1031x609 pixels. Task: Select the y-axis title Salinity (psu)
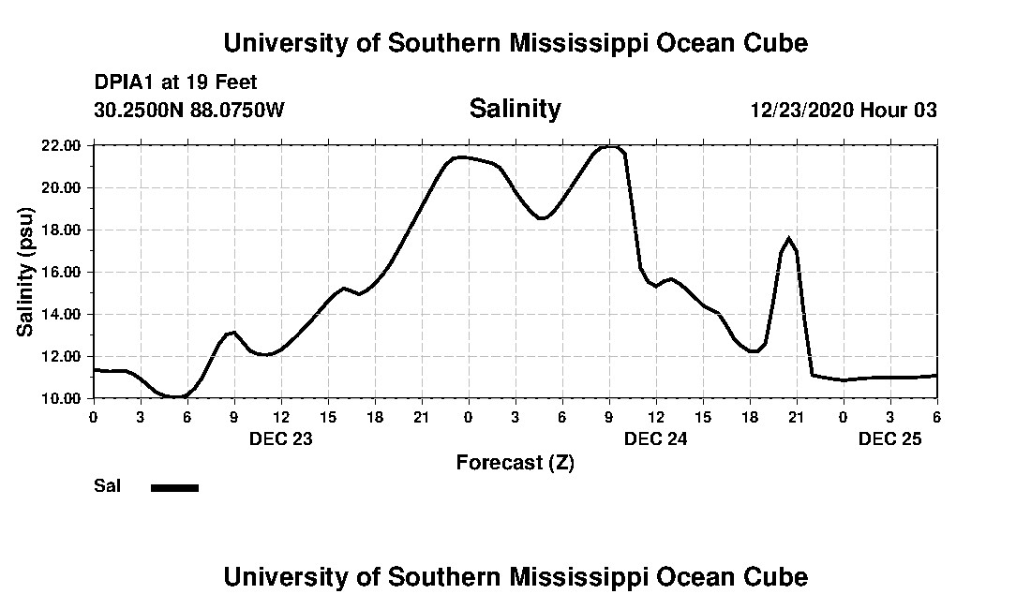25,272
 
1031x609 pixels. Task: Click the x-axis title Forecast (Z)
515,463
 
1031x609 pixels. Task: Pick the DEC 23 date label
280,438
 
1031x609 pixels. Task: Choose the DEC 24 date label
655,438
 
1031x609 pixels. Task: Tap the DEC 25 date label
889,438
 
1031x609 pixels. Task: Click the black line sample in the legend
174,487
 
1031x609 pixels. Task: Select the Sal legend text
106,486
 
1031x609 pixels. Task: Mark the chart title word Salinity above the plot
515,109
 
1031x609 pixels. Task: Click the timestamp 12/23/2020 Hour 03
844,111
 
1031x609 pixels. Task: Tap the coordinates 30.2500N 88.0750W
189,111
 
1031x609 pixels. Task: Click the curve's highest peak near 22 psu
610,147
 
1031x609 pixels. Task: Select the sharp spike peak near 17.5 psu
789,239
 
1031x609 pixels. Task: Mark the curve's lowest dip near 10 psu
175,397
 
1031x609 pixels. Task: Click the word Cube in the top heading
774,43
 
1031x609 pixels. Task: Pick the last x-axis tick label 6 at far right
936,416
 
